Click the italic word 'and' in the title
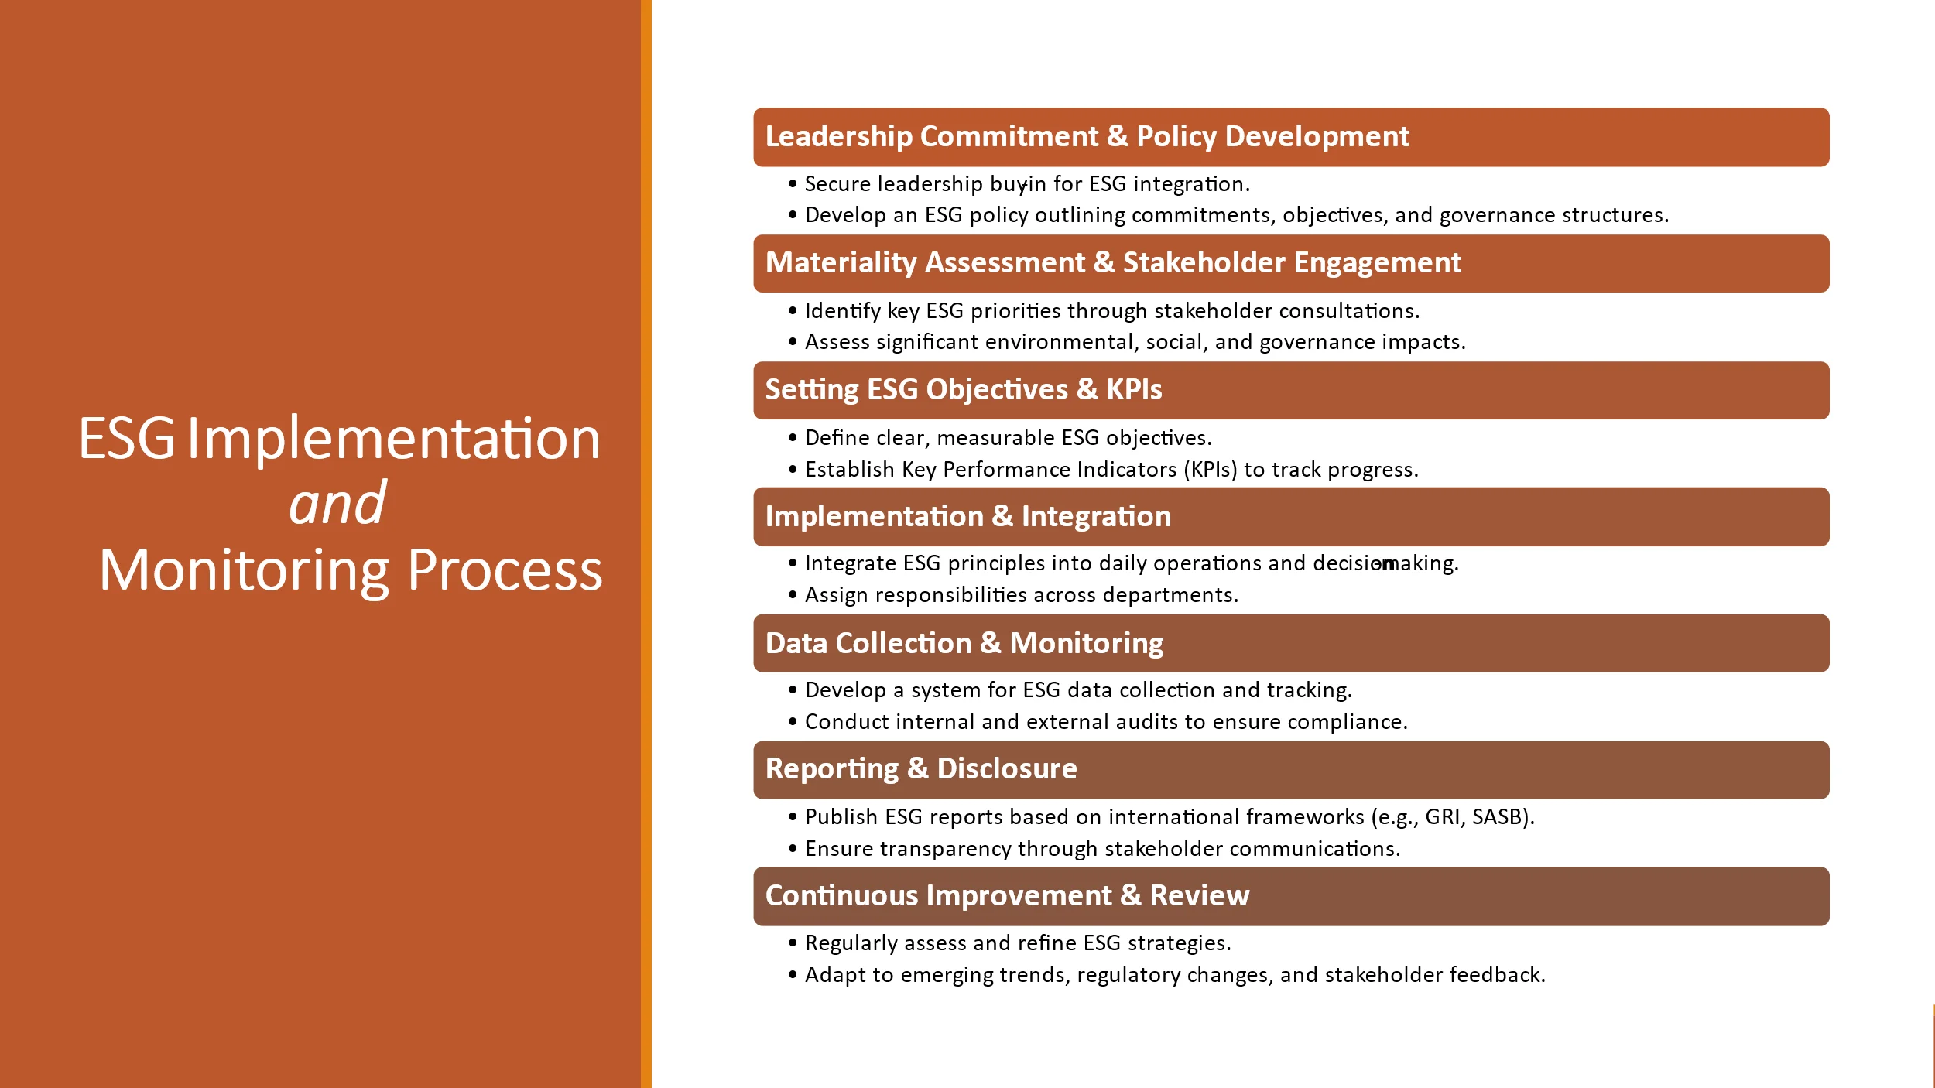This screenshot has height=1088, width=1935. [337, 503]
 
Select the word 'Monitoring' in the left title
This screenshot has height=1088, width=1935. [245, 571]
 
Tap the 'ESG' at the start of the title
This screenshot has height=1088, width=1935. [127, 439]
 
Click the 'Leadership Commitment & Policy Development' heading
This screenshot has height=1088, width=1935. [1087, 136]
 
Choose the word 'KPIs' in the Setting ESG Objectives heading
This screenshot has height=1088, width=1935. [1134, 389]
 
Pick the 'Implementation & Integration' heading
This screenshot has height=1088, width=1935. [967, 516]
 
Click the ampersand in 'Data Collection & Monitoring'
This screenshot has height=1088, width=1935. [990, 643]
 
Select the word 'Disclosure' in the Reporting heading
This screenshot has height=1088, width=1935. [1006, 768]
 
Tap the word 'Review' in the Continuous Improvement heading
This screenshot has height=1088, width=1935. [1199, 895]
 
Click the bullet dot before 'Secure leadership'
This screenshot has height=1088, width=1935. [793, 184]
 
